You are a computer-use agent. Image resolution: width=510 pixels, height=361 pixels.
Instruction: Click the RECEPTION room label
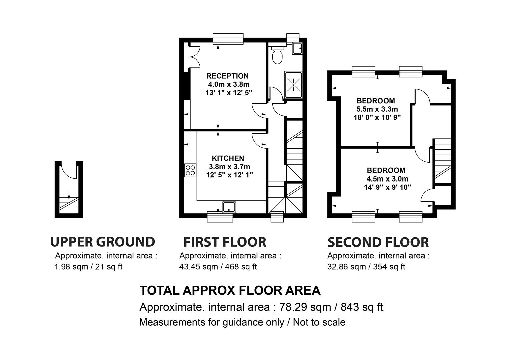227,76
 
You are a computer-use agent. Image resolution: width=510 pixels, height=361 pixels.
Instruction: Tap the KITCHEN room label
228,158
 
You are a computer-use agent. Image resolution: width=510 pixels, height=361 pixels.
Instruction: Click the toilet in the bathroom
277,55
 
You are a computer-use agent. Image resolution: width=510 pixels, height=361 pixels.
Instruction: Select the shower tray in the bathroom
293,85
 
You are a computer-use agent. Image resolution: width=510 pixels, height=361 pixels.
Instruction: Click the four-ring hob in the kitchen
190,170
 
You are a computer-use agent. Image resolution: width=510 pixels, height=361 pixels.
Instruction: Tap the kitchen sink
229,207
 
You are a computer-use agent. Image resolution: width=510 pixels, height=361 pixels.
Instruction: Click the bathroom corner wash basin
297,48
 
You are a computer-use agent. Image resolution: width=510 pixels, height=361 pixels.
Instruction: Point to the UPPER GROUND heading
102,242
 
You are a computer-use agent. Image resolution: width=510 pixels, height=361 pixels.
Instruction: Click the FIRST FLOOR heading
225,242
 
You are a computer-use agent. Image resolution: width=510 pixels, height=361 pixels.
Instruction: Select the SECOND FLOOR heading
378,242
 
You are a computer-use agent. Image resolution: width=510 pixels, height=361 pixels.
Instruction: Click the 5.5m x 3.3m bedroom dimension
377,109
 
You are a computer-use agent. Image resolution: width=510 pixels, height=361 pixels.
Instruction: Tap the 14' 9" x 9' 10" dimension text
387,187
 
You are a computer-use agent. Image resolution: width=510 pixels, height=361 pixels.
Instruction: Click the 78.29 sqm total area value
305,307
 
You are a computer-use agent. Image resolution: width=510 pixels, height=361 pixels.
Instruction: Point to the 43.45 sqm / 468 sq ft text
218,267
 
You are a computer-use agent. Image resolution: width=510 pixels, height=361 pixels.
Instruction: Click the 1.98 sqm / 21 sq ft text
88,267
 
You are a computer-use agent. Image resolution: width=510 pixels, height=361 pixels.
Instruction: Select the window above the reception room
228,39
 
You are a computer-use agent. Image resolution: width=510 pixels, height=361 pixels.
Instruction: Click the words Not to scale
319,322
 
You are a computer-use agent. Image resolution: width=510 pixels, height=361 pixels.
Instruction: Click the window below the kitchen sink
220,217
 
